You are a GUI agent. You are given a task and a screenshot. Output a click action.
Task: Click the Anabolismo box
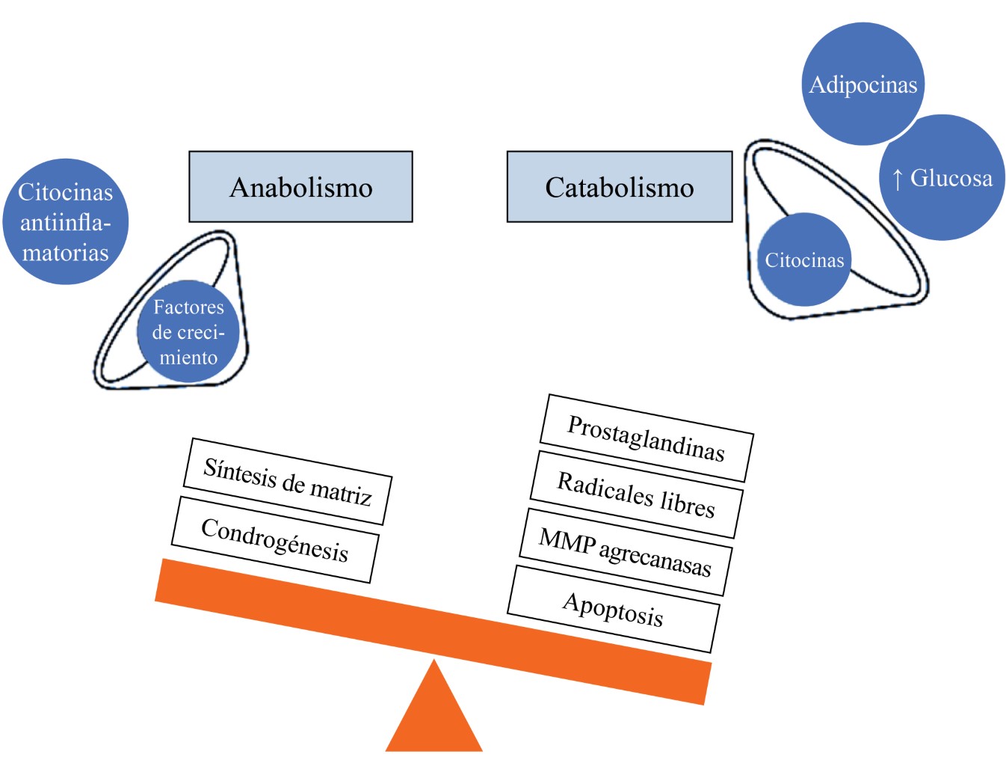tap(300, 187)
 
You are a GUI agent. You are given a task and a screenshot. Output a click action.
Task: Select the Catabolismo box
tap(619, 187)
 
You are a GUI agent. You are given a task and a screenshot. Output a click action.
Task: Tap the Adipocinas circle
tap(862, 84)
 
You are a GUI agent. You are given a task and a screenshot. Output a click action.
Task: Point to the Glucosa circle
tap(943, 178)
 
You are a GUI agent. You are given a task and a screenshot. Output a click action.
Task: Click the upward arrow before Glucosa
tap(898, 180)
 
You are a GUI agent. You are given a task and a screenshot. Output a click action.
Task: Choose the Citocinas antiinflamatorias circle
tap(66, 222)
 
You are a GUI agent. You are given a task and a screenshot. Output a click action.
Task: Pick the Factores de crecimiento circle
tap(188, 332)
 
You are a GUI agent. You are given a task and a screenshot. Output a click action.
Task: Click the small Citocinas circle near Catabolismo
tap(804, 260)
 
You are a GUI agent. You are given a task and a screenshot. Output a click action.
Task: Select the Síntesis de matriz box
tap(288, 481)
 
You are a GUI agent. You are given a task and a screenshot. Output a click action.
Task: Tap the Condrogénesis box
tap(275, 539)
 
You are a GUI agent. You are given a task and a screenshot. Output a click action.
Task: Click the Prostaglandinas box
tap(647, 438)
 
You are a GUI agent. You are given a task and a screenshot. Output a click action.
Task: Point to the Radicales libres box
tap(636, 494)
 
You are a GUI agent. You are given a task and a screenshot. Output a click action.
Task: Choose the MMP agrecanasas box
tap(625, 552)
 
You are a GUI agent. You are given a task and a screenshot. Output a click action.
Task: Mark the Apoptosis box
tap(613, 609)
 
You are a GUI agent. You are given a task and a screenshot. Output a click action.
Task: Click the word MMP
tap(567, 540)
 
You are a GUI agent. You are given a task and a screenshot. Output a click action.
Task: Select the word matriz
tap(341, 493)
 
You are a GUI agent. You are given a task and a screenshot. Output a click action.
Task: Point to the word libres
tap(687, 504)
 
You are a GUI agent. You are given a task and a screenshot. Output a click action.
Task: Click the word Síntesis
tap(240, 471)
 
